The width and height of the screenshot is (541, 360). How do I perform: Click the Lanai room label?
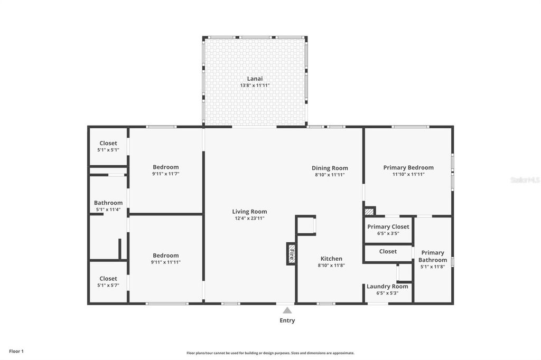click(x=255, y=79)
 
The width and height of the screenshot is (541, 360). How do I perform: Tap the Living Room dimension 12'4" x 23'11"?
click(x=249, y=218)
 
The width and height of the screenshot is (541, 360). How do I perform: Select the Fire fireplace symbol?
click(x=291, y=254)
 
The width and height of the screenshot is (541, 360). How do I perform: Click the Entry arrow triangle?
click(x=287, y=310)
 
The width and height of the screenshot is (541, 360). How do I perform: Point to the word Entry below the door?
click(x=287, y=320)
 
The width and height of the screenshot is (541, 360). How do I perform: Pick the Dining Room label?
click(x=330, y=168)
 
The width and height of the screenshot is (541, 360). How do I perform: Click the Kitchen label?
click(x=331, y=259)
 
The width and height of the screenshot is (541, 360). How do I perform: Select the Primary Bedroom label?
click(x=408, y=167)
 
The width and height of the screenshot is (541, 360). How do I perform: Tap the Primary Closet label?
click(x=388, y=226)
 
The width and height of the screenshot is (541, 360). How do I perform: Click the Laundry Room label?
click(x=387, y=286)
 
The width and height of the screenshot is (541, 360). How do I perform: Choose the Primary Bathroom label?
click(x=433, y=256)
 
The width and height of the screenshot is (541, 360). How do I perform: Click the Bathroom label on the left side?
click(x=108, y=203)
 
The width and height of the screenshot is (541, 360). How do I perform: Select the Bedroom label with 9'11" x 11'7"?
click(x=166, y=167)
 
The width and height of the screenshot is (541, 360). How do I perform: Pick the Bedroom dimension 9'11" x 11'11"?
click(x=166, y=262)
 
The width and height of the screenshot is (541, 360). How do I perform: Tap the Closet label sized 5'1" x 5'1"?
click(x=108, y=143)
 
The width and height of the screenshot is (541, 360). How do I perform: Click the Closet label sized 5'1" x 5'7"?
click(x=108, y=278)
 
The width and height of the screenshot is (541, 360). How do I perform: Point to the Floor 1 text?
click(x=16, y=351)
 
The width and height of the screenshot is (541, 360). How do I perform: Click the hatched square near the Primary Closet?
click(x=369, y=211)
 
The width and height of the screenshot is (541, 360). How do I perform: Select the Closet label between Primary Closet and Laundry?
click(x=388, y=251)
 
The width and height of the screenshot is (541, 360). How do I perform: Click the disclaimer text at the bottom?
click(x=270, y=353)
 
